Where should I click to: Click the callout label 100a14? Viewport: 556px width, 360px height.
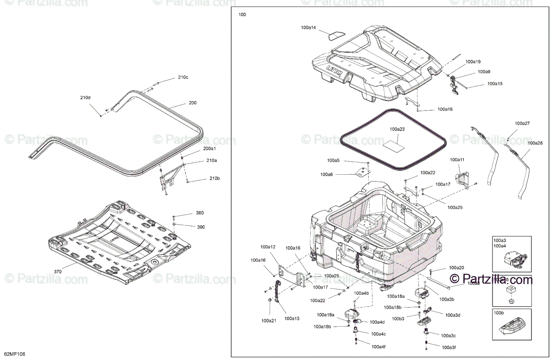(308, 28)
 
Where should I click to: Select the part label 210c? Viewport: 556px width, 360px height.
(183, 77)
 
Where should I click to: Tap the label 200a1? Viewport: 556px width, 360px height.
(210, 148)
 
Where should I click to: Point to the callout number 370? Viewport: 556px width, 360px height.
(57, 272)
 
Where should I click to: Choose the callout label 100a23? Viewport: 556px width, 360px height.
(397, 129)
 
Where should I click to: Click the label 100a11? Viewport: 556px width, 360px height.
(457, 160)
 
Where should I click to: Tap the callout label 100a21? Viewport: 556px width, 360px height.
(269, 321)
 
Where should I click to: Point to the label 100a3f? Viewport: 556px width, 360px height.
(449, 347)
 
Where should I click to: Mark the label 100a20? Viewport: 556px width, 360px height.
(456, 268)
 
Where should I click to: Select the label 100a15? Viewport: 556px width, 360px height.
(495, 84)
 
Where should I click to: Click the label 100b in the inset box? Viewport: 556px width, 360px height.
(499, 313)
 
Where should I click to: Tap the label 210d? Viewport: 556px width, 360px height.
(85, 98)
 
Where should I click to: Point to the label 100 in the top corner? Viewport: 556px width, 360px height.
(242, 15)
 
